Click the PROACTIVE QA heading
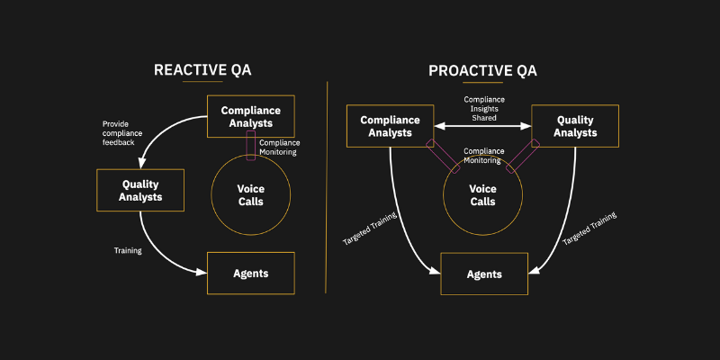click(x=484, y=70)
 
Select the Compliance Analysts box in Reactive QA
click(x=251, y=117)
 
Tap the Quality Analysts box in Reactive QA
click(x=139, y=190)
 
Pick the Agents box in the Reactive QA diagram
click(x=251, y=273)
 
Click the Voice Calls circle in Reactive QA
click(x=250, y=195)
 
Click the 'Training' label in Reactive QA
click(x=128, y=250)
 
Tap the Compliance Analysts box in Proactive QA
click(x=391, y=126)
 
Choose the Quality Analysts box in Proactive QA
click(x=575, y=126)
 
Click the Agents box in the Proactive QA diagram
click(x=483, y=274)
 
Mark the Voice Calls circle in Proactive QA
click(x=483, y=195)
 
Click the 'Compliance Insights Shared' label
click(x=483, y=108)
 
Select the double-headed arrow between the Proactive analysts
click(x=483, y=127)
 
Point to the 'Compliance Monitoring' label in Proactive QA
click(x=483, y=155)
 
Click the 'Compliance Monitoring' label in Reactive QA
click(x=279, y=148)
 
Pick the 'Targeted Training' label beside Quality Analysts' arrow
click(x=589, y=230)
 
